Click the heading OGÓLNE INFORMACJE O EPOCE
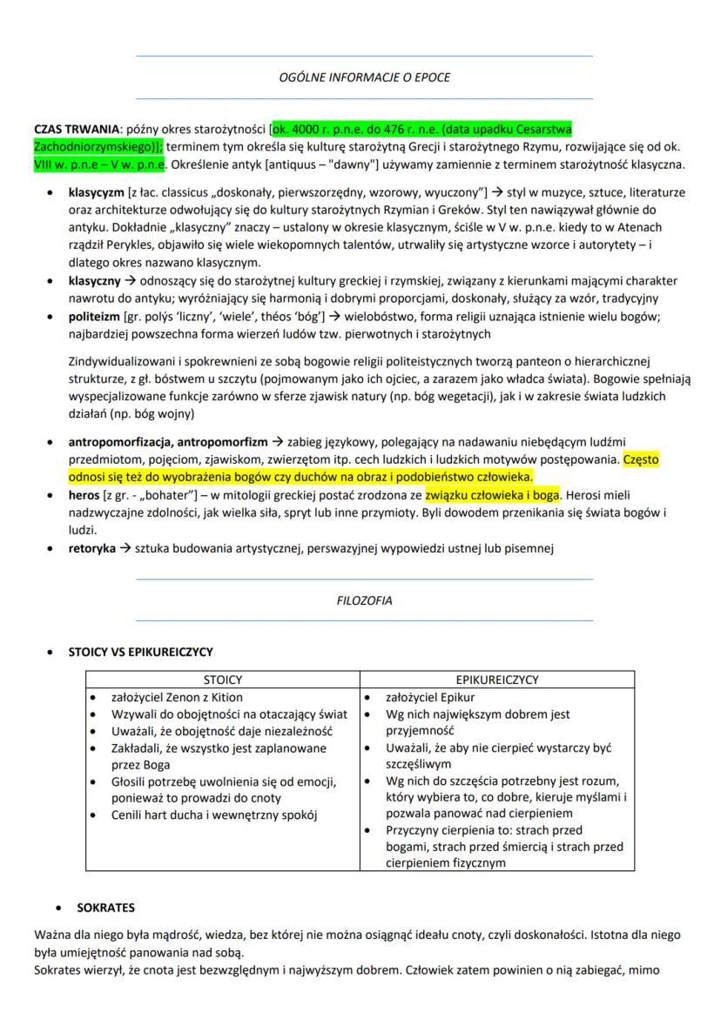[x=364, y=78]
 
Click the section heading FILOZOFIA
[x=364, y=600]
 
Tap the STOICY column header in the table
[x=222, y=680]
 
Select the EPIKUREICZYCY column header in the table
[x=497, y=680]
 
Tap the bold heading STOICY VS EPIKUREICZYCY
[x=140, y=651]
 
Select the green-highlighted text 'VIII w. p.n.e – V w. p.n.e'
[x=98, y=164]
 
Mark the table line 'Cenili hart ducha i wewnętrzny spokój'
[x=209, y=815]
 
